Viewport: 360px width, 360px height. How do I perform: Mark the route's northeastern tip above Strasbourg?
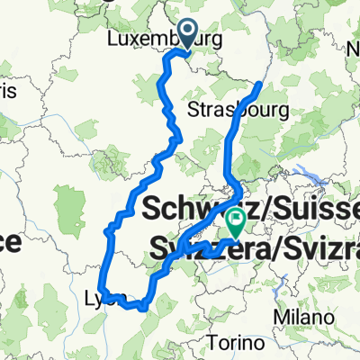pos(259,85)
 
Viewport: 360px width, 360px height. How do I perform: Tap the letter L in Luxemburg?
pos(111,40)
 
